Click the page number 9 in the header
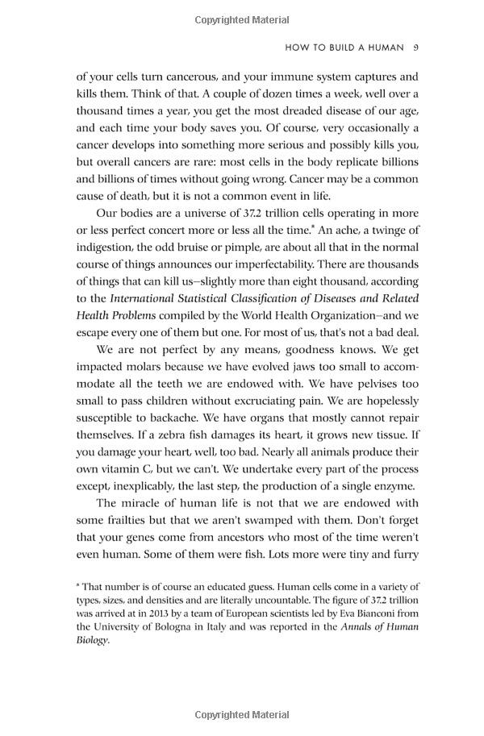tap(415, 48)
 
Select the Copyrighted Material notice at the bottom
tap(241, 715)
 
